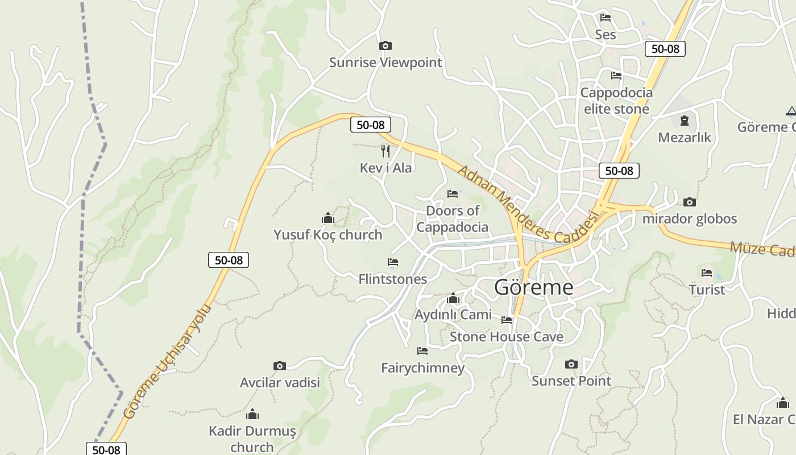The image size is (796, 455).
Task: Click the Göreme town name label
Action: click(x=533, y=287)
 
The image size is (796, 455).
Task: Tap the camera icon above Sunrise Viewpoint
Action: click(x=385, y=45)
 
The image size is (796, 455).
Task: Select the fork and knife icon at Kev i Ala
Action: click(x=385, y=151)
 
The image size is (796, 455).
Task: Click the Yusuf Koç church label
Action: click(x=327, y=234)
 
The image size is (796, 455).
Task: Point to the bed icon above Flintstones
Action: click(x=392, y=262)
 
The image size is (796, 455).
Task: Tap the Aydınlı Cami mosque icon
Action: click(x=453, y=298)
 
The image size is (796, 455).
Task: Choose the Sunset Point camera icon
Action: click(x=571, y=364)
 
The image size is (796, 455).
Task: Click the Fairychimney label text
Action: click(x=422, y=368)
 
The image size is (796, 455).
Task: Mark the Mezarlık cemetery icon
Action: click(x=684, y=121)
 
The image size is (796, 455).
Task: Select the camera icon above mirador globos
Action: click(x=690, y=202)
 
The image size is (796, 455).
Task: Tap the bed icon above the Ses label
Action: click(x=606, y=18)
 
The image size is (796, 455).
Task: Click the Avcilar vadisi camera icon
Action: click(x=279, y=366)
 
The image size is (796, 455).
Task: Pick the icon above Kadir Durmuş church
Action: click(x=252, y=414)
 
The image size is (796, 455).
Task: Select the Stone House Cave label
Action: click(x=506, y=337)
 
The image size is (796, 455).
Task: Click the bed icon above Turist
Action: click(x=707, y=273)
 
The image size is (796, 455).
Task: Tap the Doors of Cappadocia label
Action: click(x=453, y=219)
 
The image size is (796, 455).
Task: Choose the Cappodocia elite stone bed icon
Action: click(x=616, y=76)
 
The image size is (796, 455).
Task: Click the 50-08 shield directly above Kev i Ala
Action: click(x=370, y=125)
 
